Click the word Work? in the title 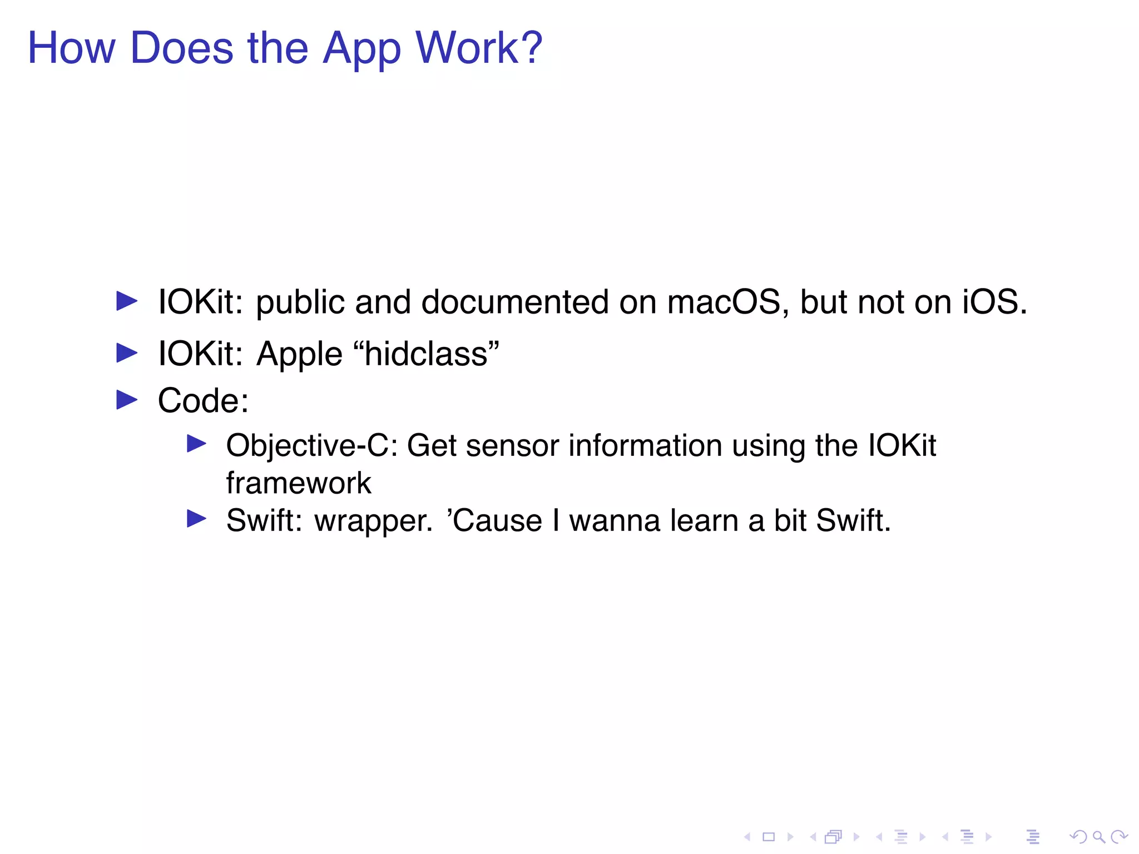point(479,48)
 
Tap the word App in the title point(361,49)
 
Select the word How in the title point(72,48)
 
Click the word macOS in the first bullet point(724,302)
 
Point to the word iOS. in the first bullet point(994,302)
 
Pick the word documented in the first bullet point(515,302)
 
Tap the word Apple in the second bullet point(299,355)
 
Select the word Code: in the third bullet point(203,400)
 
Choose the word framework point(298,483)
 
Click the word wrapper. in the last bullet point(373,522)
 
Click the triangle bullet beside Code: point(127,400)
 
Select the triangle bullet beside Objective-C point(196,444)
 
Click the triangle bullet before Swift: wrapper point(196,519)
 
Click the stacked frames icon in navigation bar point(834,837)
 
